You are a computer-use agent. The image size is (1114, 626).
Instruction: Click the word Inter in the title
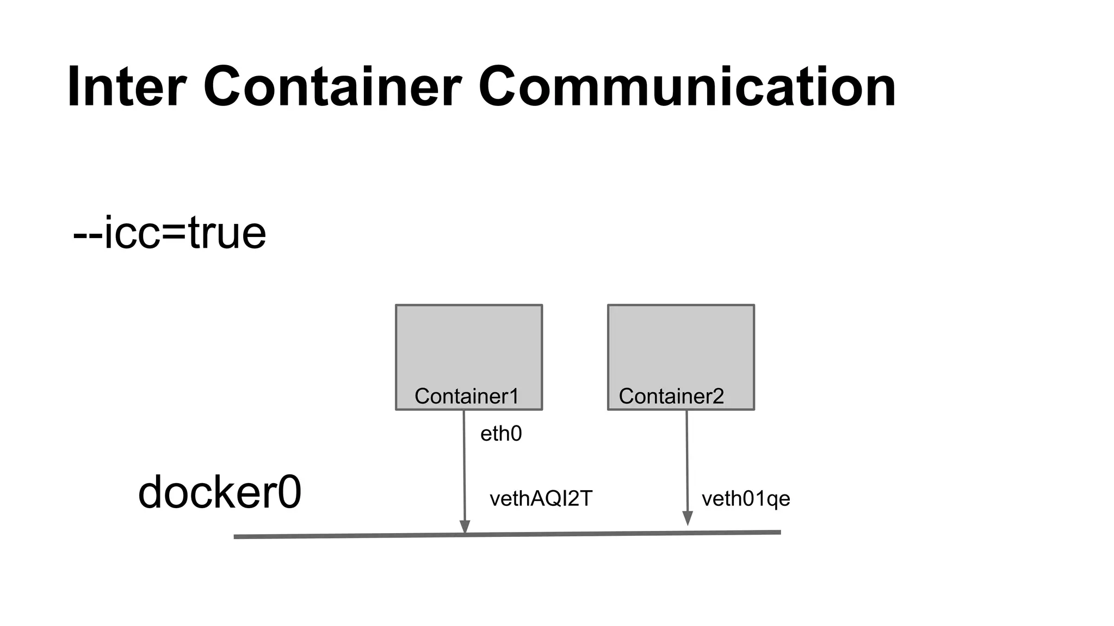(127, 87)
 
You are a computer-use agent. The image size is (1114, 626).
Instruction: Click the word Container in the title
(332, 87)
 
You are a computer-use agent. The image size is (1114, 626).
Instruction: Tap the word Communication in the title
(687, 87)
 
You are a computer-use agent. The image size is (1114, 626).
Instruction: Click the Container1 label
(467, 396)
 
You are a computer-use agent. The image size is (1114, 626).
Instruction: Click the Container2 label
(671, 396)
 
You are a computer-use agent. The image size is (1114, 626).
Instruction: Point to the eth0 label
(501, 434)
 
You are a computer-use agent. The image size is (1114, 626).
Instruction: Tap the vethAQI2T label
(541, 498)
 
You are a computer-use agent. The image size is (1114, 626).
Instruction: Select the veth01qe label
(746, 498)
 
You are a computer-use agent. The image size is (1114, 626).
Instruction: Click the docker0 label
(220, 492)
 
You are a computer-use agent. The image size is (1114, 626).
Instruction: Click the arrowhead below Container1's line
(465, 527)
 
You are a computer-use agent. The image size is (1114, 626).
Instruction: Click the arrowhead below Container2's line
(688, 518)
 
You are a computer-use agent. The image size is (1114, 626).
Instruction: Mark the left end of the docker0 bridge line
(236, 537)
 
